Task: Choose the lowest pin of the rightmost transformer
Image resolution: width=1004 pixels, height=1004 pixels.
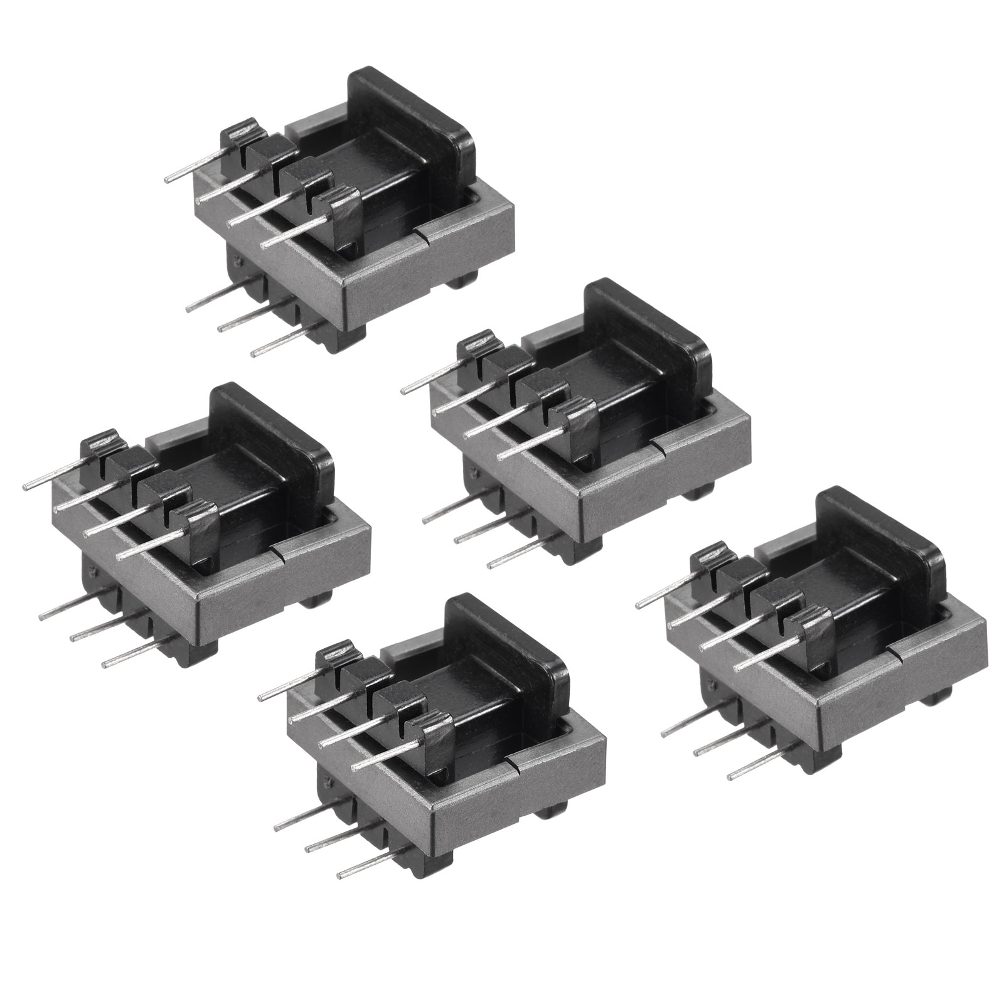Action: click(x=753, y=769)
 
